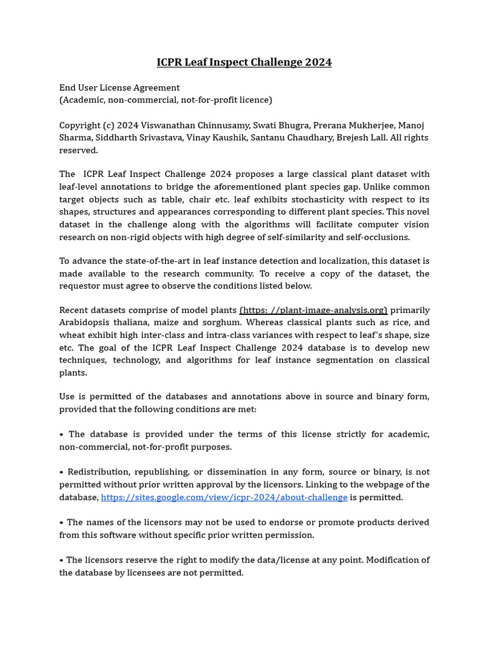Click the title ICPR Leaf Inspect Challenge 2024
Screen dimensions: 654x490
[244, 62]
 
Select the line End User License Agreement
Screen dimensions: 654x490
[119, 87]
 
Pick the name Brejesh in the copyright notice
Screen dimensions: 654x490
[371, 137]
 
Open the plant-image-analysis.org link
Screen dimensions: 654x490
[313, 310]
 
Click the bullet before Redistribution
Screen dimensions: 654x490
[62, 472]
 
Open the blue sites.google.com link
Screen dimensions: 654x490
[224, 497]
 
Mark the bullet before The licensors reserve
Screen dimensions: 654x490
[62, 560]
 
